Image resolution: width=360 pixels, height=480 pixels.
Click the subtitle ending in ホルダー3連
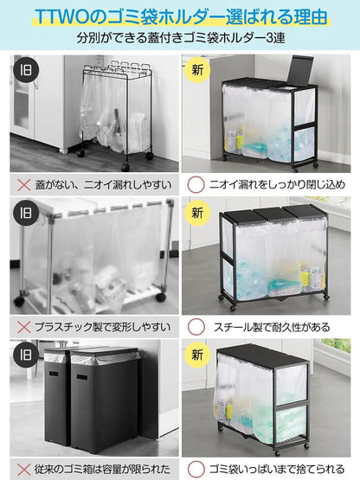[180, 39]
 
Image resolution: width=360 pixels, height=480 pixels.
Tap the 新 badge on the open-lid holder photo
[200, 68]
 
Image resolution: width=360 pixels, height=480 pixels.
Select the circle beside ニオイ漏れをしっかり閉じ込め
[196, 184]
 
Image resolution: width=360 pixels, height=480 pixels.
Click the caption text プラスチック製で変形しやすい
[101, 328]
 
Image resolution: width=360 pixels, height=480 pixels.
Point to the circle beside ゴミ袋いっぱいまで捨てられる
[196, 468]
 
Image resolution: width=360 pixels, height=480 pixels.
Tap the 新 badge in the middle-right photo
[200, 212]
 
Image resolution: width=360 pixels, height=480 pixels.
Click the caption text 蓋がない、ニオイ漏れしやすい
[101, 184]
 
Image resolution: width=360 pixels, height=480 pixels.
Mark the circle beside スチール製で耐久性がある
[196, 328]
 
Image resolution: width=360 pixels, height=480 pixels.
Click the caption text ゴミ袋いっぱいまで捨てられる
[274, 468]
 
